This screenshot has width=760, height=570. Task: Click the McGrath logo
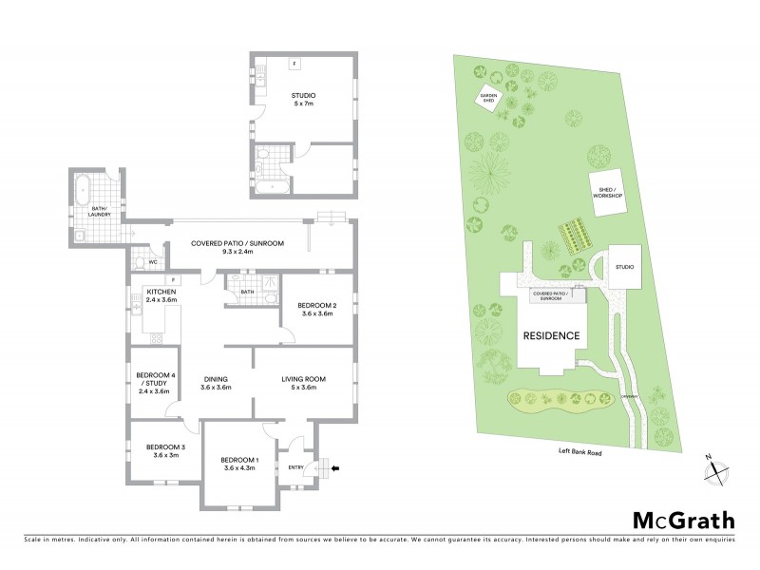tap(684, 520)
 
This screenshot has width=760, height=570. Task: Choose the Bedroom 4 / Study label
tap(153, 381)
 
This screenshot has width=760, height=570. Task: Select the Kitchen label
tap(161, 294)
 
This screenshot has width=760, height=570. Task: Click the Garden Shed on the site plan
tap(489, 97)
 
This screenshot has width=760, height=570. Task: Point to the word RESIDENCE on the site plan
tap(551, 335)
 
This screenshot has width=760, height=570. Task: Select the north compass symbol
tap(715, 469)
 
